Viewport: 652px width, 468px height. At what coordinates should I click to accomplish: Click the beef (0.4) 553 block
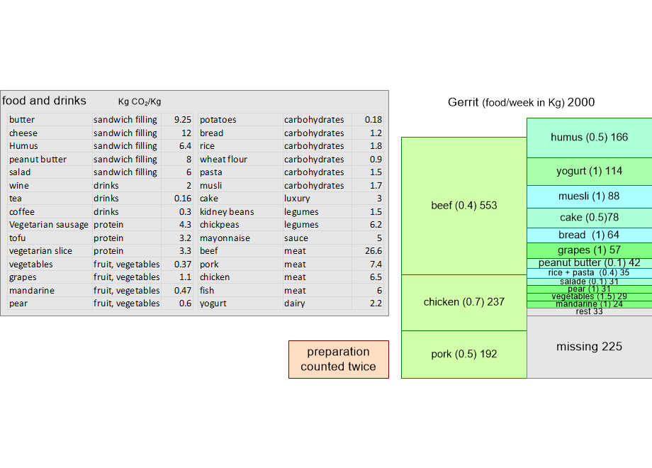pyautogui.click(x=464, y=206)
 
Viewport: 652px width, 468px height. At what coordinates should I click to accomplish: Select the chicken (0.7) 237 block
pyautogui.click(x=464, y=303)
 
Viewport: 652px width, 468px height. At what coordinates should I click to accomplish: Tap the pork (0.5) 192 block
pyautogui.click(x=464, y=355)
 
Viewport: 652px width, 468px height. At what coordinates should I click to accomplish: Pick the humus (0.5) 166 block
pyautogui.click(x=589, y=138)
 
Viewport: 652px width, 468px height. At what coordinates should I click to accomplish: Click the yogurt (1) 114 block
pyautogui.click(x=589, y=172)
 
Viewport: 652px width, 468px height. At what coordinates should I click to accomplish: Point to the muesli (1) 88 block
pyautogui.click(x=589, y=196)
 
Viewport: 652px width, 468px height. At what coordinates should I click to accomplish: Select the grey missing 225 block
pyautogui.click(x=589, y=347)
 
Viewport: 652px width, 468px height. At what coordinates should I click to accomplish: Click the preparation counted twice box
pyautogui.click(x=339, y=360)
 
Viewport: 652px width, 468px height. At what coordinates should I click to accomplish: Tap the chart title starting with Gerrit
pyautogui.click(x=521, y=102)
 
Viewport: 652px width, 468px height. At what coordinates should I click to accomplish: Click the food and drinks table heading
pyautogui.click(x=44, y=101)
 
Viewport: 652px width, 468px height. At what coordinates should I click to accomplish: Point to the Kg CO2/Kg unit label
pyautogui.click(x=140, y=101)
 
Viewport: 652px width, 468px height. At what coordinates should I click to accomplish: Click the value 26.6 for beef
pyautogui.click(x=373, y=251)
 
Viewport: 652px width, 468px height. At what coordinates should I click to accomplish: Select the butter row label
pyautogui.click(x=22, y=120)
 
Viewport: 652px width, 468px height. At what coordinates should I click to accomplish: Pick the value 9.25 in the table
pyautogui.click(x=183, y=120)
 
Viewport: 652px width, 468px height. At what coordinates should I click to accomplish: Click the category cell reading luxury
pyautogui.click(x=297, y=199)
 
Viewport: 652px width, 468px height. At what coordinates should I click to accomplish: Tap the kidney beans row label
pyautogui.click(x=227, y=212)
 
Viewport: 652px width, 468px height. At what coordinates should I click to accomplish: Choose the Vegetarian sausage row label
pyautogui.click(x=49, y=225)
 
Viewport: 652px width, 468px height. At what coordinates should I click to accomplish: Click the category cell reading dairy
pyautogui.click(x=294, y=303)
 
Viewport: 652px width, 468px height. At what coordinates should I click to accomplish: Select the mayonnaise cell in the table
pyautogui.click(x=225, y=238)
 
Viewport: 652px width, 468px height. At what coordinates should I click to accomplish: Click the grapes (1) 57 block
pyautogui.click(x=589, y=250)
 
